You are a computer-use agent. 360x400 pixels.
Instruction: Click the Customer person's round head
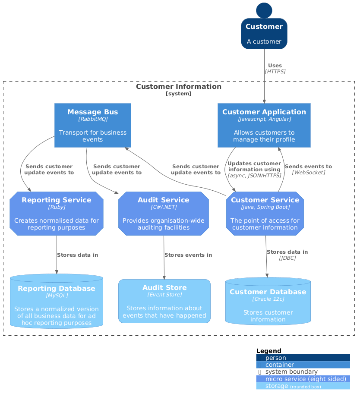[264, 10]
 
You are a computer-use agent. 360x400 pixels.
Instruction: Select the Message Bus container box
[93, 125]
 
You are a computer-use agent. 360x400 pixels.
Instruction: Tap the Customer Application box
[264, 125]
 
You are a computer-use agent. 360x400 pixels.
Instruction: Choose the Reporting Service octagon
[57, 214]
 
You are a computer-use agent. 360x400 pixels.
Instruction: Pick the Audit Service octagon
[164, 214]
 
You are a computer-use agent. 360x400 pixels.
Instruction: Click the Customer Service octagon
[265, 214]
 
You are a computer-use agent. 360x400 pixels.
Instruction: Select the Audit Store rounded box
[164, 301]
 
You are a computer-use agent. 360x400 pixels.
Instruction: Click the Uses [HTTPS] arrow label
[275, 68]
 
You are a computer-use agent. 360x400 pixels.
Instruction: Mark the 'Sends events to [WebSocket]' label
[308, 169]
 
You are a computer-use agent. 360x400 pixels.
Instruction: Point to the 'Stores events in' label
[188, 255]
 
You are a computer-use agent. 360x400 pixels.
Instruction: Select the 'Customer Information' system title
[179, 87]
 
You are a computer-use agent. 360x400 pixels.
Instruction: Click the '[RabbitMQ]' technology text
[93, 119]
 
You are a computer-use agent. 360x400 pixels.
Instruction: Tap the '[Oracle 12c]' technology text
[268, 299]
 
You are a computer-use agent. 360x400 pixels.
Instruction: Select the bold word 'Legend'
[268, 351]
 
